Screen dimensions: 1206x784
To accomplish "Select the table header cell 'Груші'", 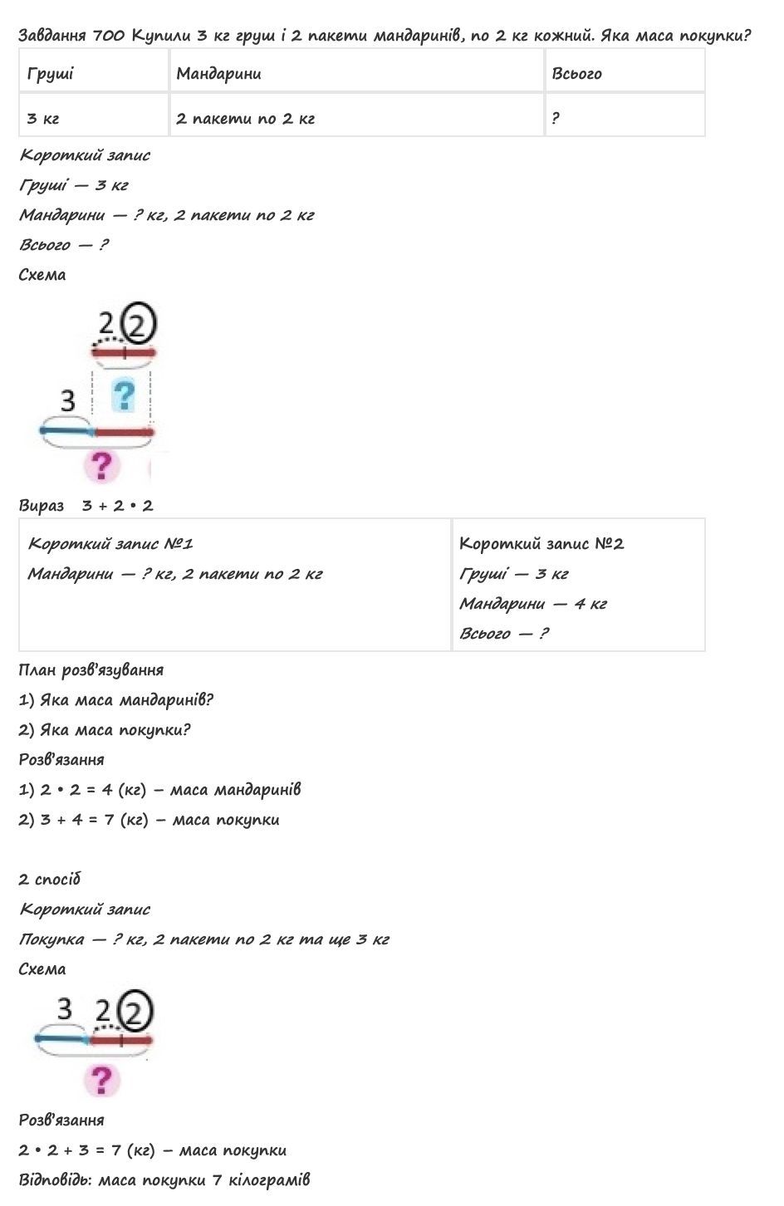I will (51, 73).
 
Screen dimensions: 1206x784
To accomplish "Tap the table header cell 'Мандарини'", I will (218, 73).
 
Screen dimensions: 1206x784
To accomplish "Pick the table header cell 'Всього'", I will (576, 73).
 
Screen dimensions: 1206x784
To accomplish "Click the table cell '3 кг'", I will (43, 118).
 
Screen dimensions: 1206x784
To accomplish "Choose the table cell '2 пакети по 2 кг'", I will (246, 118).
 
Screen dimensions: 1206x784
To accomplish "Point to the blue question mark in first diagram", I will (124, 395).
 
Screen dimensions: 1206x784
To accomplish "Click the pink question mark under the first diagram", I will (101, 466).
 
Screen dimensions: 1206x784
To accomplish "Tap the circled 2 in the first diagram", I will (139, 324).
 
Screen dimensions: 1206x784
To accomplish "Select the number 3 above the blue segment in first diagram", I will (68, 400).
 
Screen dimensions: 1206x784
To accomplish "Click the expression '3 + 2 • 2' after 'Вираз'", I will (118, 505).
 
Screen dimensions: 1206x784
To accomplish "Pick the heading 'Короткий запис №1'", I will (110, 543).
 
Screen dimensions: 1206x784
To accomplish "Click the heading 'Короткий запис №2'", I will (541, 543).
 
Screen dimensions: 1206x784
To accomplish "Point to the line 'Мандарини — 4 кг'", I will (532, 603).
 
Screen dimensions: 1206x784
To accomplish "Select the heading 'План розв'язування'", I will (91, 669).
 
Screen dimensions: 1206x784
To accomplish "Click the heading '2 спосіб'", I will (50, 879).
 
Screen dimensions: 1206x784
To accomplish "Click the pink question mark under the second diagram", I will (101, 1081).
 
